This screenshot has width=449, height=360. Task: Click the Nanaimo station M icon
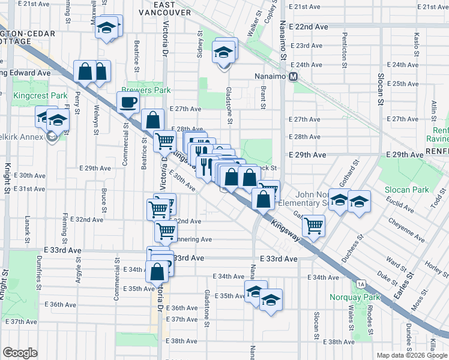(294, 76)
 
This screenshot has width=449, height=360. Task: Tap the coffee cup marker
(128, 102)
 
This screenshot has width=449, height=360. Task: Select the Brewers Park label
(146, 90)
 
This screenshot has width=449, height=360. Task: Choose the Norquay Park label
(355, 297)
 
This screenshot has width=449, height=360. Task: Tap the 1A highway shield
(360, 284)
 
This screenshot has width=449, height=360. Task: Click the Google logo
(20, 353)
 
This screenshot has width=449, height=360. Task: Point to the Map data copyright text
(412, 355)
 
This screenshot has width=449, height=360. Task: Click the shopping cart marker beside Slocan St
(313, 226)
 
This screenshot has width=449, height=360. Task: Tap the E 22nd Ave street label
(308, 28)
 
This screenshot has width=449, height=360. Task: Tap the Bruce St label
(104, 196)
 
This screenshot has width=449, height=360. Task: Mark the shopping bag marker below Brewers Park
(154, 119)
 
